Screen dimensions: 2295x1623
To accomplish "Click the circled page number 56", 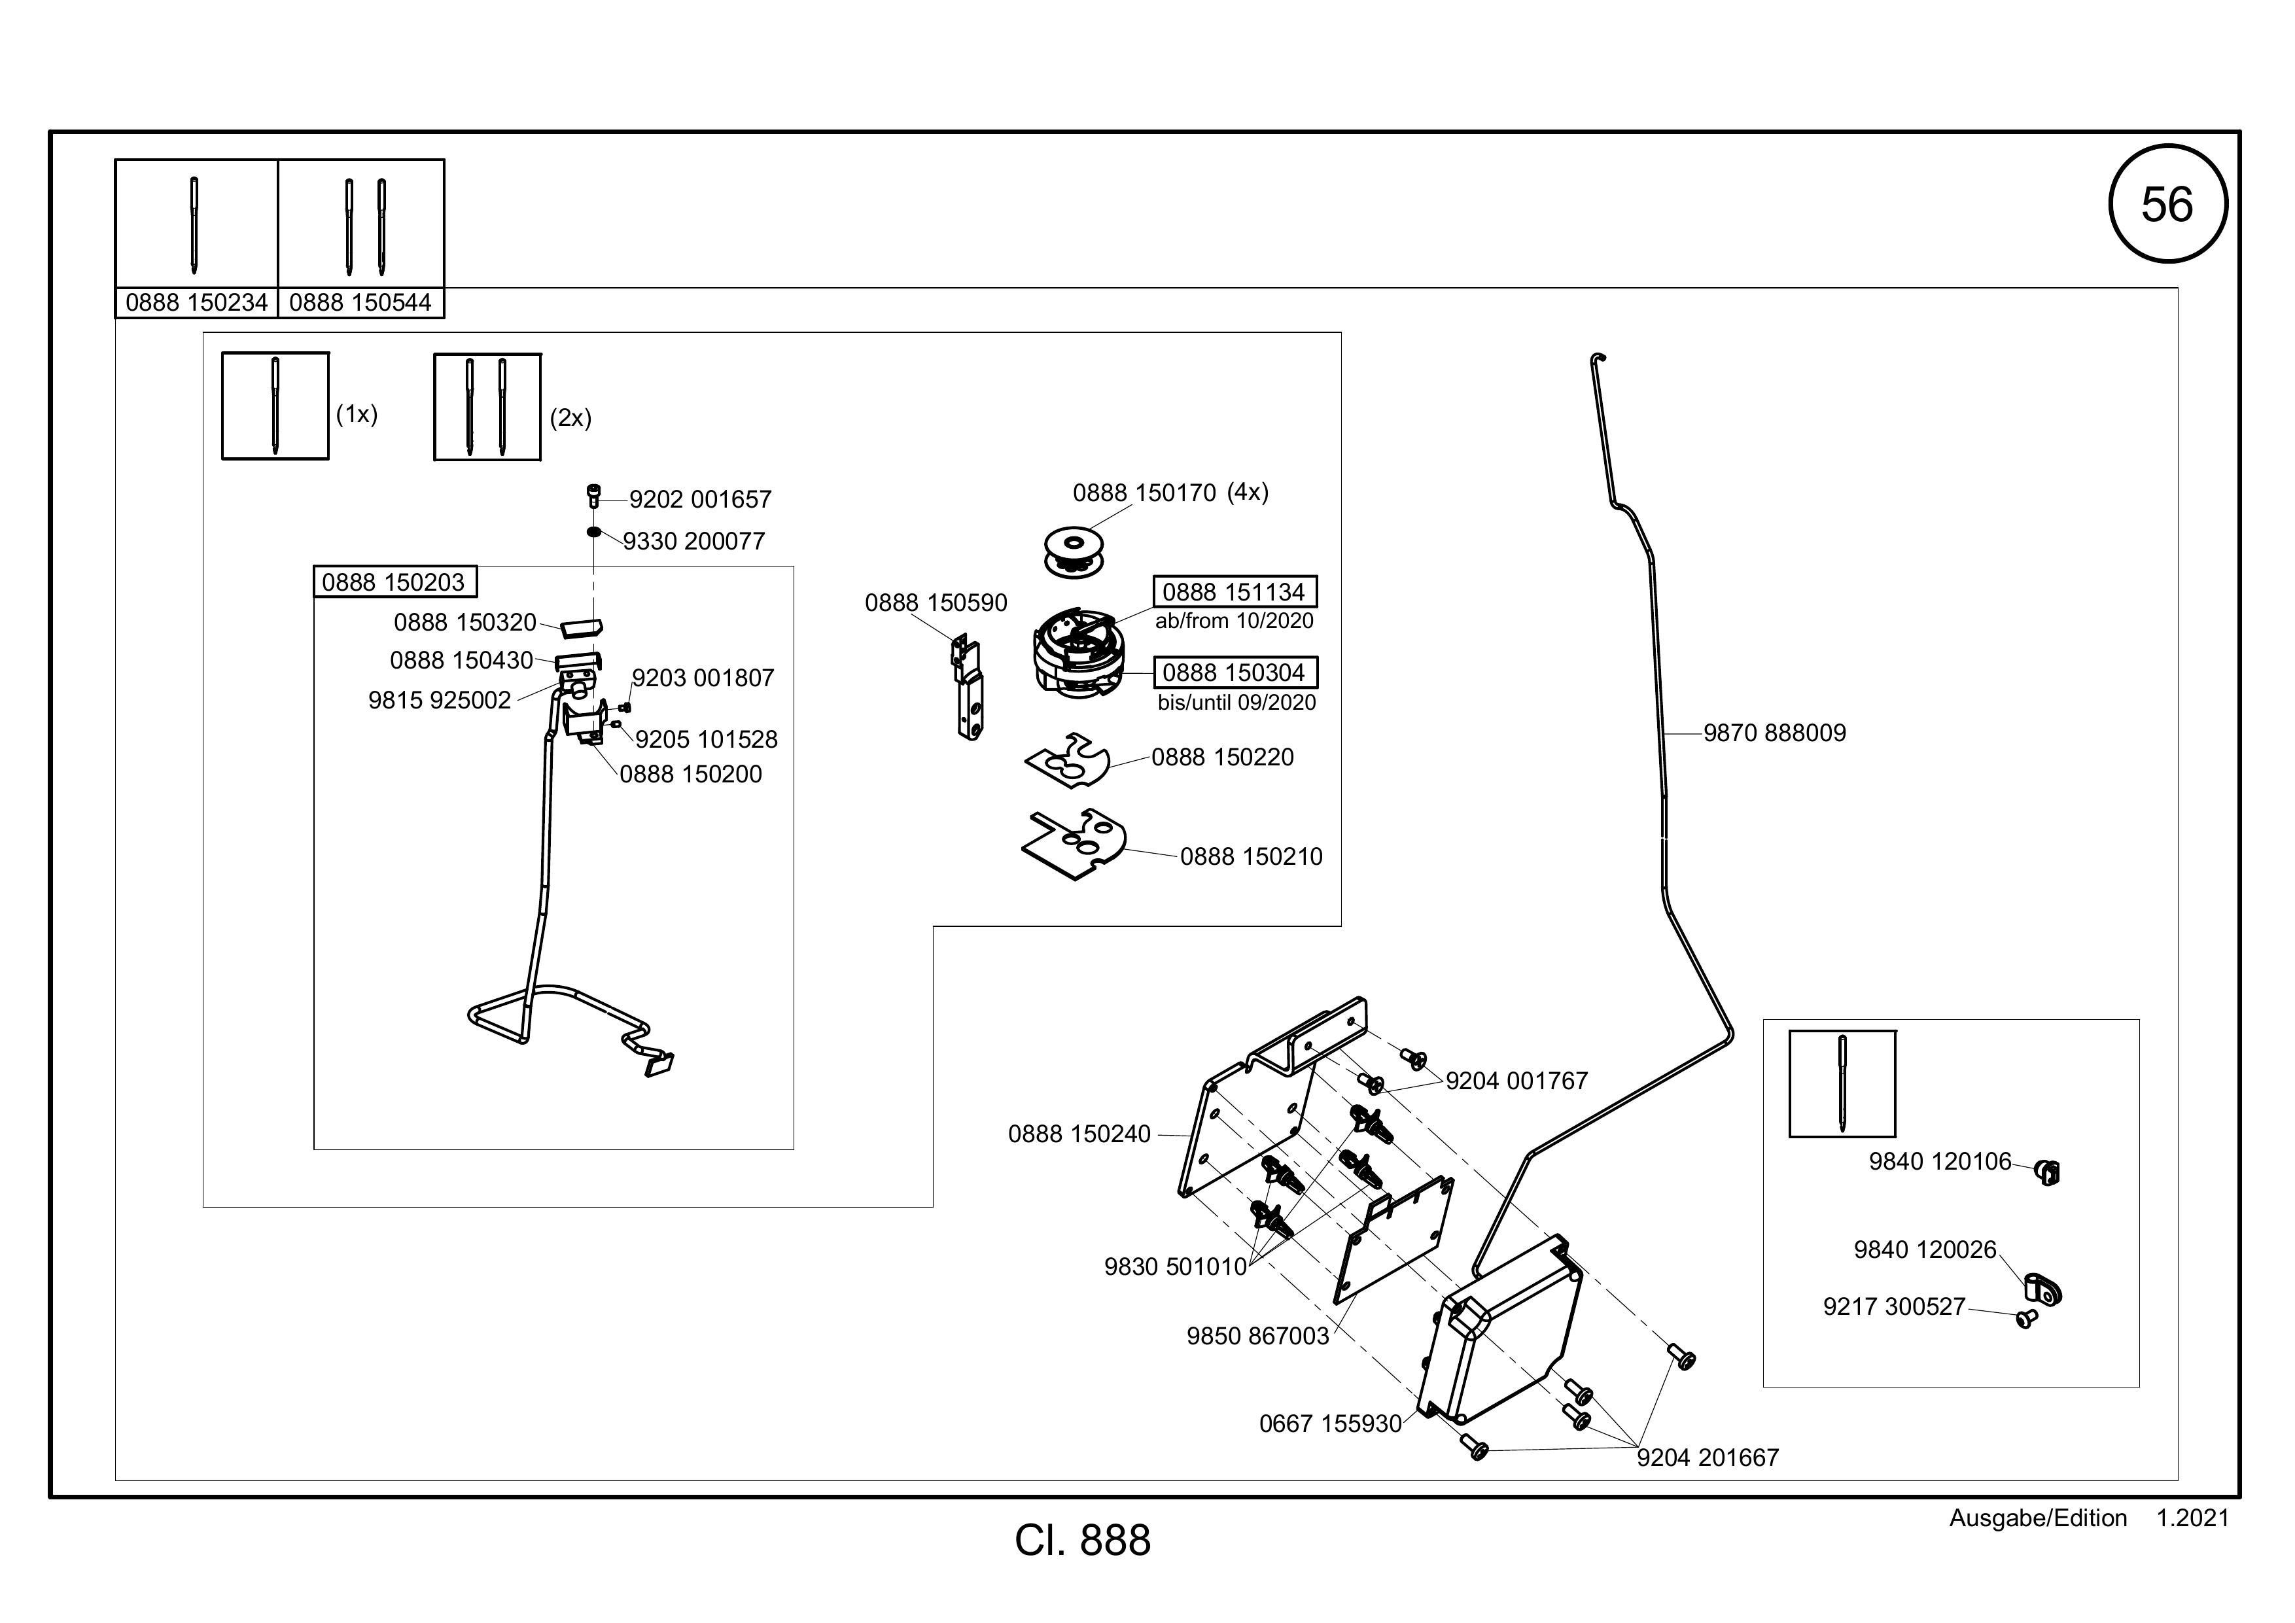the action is [2167, 204].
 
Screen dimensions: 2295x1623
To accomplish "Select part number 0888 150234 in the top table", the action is [197, 303].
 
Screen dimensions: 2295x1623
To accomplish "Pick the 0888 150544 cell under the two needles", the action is [361, 303].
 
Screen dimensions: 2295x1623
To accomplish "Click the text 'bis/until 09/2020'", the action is [1236, 703].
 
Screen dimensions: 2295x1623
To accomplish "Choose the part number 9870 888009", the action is [1774, 733].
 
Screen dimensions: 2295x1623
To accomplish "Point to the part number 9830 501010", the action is [1176, 1266].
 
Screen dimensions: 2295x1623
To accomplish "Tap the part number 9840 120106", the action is [1940, 1161].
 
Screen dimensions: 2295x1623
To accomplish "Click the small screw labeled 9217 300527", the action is [2026, 1319].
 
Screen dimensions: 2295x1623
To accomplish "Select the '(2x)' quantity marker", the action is [570, 418].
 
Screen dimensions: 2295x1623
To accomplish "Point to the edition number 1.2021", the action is [2193, 1518].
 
